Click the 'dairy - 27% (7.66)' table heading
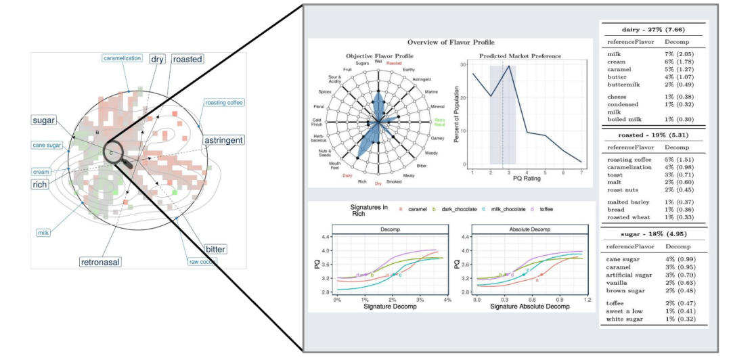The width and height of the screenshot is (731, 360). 653,30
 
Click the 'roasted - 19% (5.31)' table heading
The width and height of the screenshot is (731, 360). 653,135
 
